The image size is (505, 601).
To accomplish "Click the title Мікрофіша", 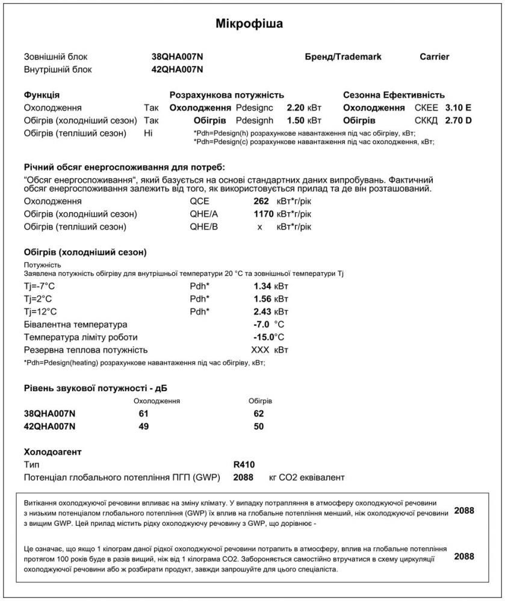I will pyautogui.click(x=249, y=24).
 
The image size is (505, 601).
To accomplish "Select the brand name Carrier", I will pyautogui.click(x=434, y=56).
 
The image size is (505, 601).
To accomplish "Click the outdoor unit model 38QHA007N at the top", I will pyautogui.click(x=178, y=56).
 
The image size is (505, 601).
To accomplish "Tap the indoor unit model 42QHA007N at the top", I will pyautogui.click(x=178, y=69).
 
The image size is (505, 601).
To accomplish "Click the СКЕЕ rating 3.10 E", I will pyautogui.click(x=457, y=108).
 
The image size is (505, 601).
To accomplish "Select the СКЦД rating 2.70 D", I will pyautogui.click(x=457, y=120).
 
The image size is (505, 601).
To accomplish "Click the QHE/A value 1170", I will pyautogui.click(x=259, y=214).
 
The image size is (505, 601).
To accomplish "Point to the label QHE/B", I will pyautogui.click(x=203, y=227).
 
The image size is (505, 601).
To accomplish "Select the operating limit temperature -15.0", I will pyautogui.click(x=264, y=337).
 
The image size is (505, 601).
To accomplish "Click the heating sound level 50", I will pyautogui.click(x=259, y=426).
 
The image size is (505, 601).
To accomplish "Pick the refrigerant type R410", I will pyautogui.click(x=244, y=465).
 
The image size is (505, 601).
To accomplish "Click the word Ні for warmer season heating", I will pyautogui.click(x=149, y=133).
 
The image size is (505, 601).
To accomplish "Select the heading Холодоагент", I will pyautogui.click(x=52, y=451).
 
